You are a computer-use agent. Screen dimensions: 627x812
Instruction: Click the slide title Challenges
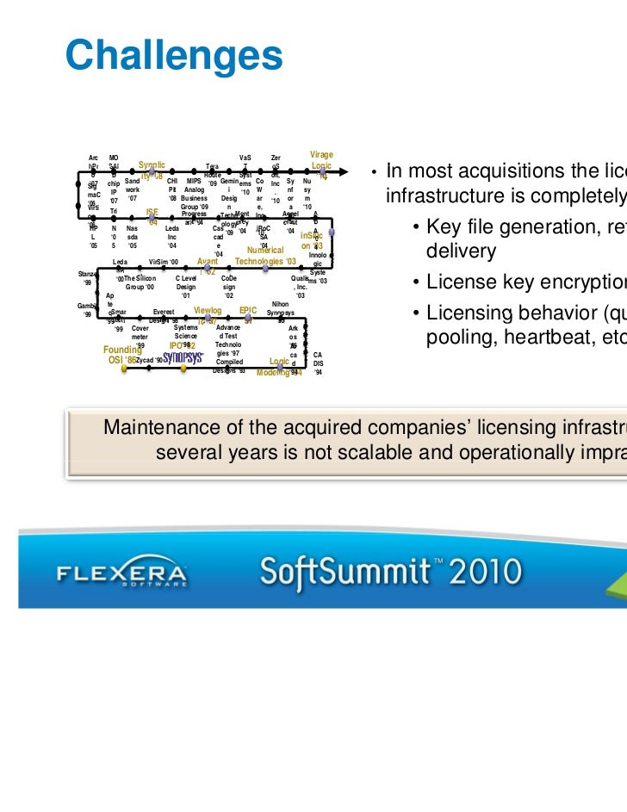click(173, 55)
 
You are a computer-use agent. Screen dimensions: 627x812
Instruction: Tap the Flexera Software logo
click(121, 574)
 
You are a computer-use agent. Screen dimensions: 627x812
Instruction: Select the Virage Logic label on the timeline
click(320, 160)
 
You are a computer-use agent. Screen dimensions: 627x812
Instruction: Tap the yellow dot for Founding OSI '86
click(125, 369)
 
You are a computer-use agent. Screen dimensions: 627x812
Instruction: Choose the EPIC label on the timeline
click(248, 308)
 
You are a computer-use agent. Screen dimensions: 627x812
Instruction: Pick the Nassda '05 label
click(132, 237)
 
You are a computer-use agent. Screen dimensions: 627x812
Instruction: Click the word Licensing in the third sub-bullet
click(462, 314)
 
